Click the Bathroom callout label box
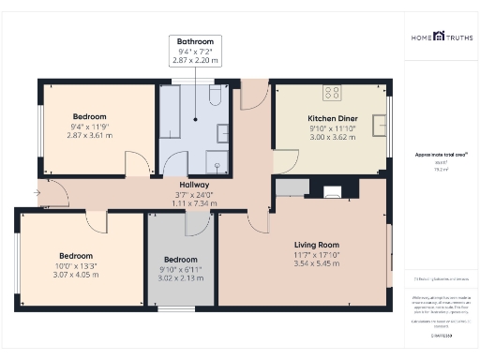(x=195, y=51)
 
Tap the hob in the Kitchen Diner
(x=332, y=92)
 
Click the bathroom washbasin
(x=223, y=131)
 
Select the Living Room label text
(x=314, y=243)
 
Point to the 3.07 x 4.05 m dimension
(x=77, y=274)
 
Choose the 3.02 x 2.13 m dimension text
(x=180, y=277)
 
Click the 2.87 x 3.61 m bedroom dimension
(x=90, y=135)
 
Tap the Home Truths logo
(x=441, y=37)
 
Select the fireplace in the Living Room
(x=332, y=193)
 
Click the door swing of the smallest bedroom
(x=198, y=223)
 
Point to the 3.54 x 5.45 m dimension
(x=314, y=262)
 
